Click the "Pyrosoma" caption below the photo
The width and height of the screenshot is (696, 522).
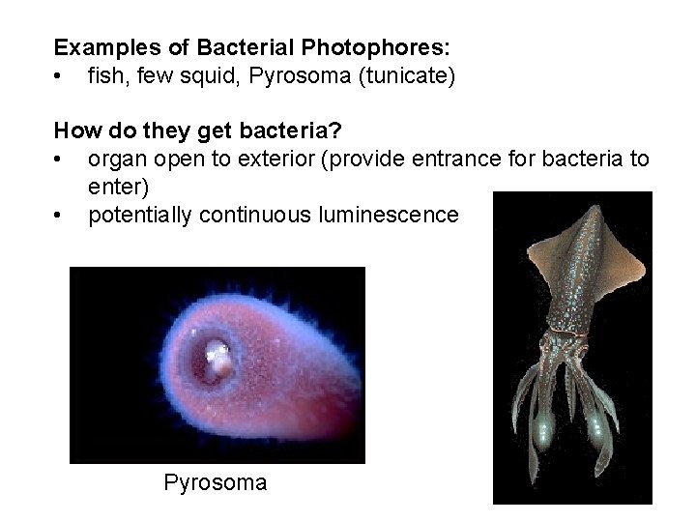[x=216, y=480]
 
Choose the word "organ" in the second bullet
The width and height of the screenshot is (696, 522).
[x=115, y=159]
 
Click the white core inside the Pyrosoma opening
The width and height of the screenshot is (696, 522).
[x=220, y=362]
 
